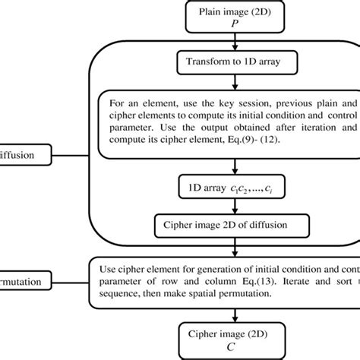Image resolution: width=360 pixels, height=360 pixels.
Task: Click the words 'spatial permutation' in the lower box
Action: tap(220, 301)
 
